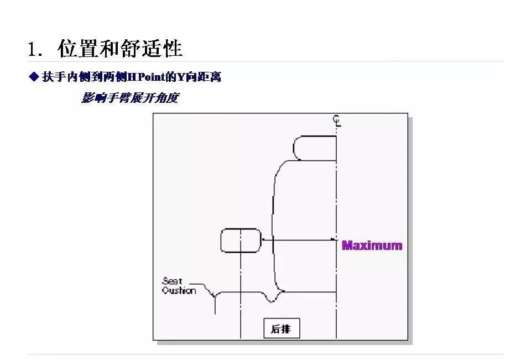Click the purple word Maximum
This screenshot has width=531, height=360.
point(372,245)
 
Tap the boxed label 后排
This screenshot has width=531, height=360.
point(281,329)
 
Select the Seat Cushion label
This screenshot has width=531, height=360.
point(179,286)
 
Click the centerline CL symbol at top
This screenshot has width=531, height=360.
point(337,121)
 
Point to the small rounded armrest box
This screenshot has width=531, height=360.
point(241,241)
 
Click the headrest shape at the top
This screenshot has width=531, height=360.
point(314,148)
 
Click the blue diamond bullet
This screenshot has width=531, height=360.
point(33,76)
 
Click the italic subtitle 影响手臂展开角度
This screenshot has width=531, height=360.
point(130,98)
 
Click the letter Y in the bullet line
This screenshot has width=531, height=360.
point(179,77)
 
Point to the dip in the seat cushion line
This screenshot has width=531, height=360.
point(270,299)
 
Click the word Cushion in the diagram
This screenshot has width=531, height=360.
point(179,290)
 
